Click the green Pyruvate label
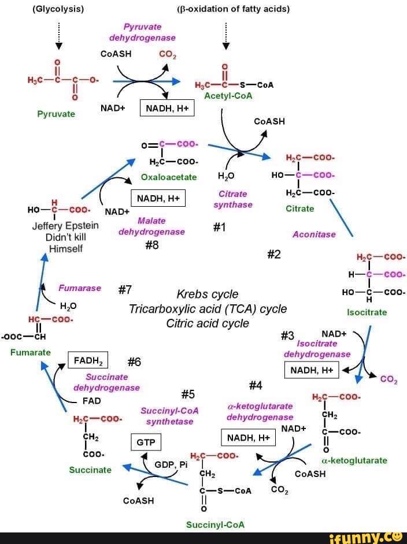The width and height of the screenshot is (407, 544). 56,114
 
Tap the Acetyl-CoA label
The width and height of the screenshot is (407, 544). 228,96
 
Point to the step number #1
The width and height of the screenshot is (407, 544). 219,228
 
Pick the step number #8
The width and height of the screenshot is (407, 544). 151,245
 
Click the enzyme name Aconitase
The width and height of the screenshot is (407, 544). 314,234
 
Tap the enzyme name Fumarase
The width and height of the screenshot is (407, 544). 79,288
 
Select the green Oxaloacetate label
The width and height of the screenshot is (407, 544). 169,177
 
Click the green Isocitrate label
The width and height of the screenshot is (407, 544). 367,312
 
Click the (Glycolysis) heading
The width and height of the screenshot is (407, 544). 58,9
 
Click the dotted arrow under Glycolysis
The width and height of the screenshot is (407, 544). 58,36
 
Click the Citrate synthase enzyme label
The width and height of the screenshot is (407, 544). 232,199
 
